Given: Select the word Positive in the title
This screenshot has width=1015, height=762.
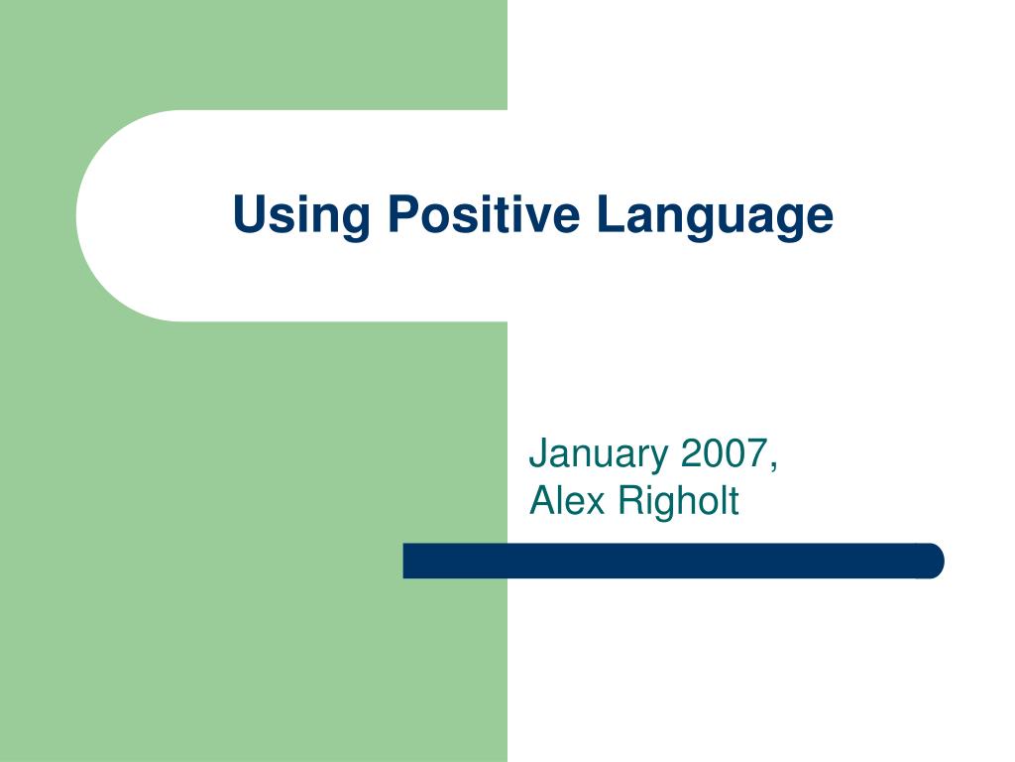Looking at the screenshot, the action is click(x=484, y=213).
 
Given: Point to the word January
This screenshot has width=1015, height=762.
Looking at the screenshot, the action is click(x=599, y=455).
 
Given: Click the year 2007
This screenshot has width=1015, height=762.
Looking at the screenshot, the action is click(x=725, y=452).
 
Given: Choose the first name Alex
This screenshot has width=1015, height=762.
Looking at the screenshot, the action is click(x=567, y=501).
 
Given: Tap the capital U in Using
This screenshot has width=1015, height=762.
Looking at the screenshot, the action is click(x=249, y=214).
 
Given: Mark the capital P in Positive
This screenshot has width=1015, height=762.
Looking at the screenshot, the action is click(x=403, y=213).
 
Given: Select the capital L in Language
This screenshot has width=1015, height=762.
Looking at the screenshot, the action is click(x=611, y=213).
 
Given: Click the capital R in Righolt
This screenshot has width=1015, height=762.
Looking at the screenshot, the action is click(x=631, y=501).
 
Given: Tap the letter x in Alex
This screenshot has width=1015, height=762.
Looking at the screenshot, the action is click(x=595, y=505).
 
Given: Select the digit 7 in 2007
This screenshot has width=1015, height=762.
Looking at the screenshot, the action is click(x=758, y=453).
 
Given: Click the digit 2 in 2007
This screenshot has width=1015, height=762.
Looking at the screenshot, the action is click(x=692, y=452).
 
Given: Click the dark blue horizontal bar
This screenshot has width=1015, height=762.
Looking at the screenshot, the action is click(x=673, y=561).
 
